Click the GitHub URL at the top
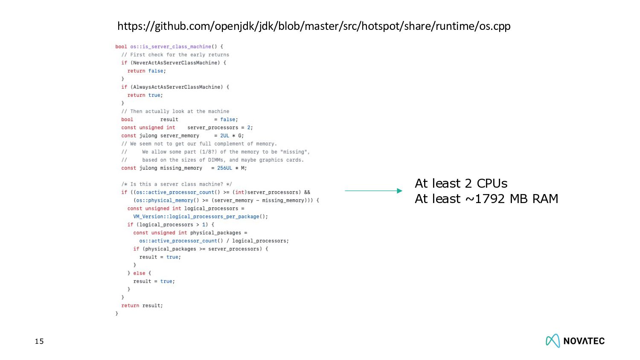314,26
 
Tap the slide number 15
39,341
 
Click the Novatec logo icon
553,341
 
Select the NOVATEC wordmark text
584,341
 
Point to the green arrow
373,191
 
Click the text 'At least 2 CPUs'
461,183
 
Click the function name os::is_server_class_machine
171,47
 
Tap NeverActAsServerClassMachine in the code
175,63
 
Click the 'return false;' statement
146,71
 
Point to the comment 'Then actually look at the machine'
179,112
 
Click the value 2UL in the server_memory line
224,136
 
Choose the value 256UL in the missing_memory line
224,168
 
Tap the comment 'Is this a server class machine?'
177,185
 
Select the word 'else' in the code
139,273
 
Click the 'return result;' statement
142,306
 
